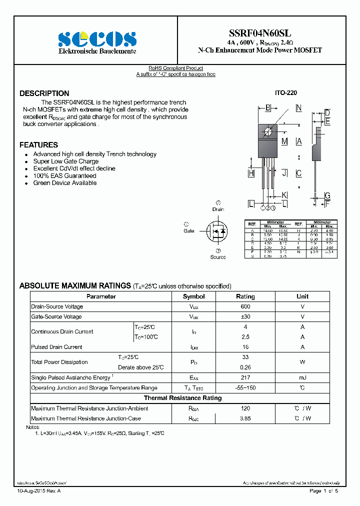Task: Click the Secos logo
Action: (x=97, y=39)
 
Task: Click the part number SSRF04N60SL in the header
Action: (x=260, y=33)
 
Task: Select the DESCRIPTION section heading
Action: (x=44, y=93)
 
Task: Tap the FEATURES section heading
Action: (x=39, y=145)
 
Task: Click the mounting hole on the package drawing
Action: (x=268, y=131)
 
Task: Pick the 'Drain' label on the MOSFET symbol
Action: (x=218, y=209)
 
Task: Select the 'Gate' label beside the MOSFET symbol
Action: (x=189, y=231)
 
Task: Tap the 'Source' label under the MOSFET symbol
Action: (x=218, y=257)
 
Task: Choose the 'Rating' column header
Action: (x=245, y=296)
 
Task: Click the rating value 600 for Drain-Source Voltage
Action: (x=245, y=306)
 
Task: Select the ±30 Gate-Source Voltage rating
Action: (x=245, y=317)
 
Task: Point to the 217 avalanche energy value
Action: (x=245, y=377)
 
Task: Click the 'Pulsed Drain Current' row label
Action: (x=56, y=347)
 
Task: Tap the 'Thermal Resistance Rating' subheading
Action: (x=182, y=398)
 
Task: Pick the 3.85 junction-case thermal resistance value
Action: (x=245, y=418)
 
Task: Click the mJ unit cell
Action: (x=302, y=377)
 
